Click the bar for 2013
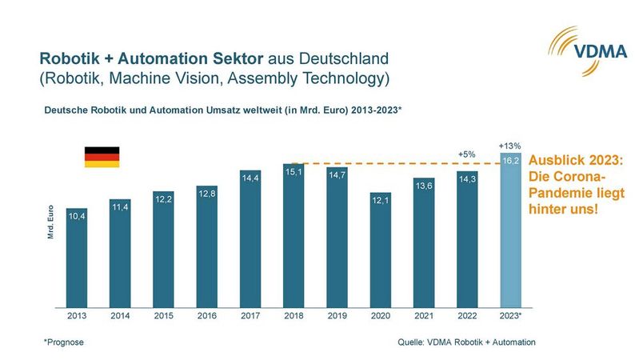pyautogui.click(x=77, y=258)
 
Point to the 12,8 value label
pyautogui.click(x=207, y=194)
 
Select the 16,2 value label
pyautogui.click(x=511, y=161)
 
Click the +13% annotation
pyautogui.click(x=510, y=146)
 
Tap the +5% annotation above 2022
pyautogui.click(x=467, y=154)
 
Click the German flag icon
pyautogui.click(x=102, y=157)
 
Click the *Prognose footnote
pyautogui.click(x=64, y=342)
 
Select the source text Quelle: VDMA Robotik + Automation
pyautogui.click(x=466, y=342)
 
